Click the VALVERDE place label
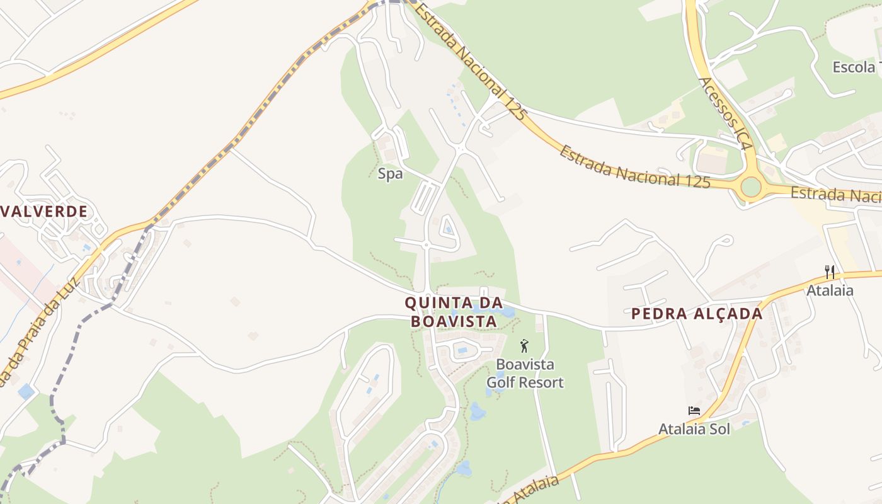tap(43, 211)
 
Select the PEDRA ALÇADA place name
tap(697, 314)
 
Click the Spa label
tap(390, 174)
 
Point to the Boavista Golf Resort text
tap(525, 373)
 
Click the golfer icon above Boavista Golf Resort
tap(524, 345)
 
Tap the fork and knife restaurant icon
tap(830, 272)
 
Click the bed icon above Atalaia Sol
tap(694, 411)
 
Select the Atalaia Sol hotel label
tap(694, 429)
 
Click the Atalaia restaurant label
tap(830, 290)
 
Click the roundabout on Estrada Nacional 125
tap(751, 186)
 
